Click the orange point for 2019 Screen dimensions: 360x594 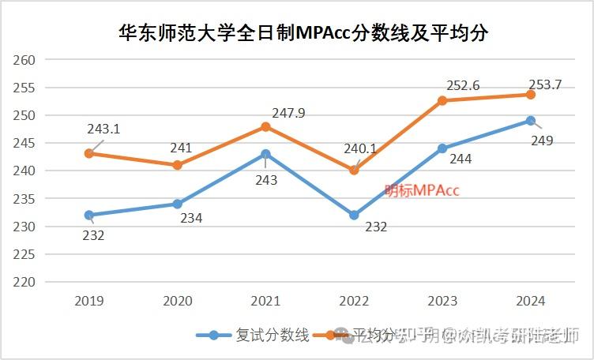[x=89, y=153]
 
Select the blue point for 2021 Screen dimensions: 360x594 [x=265, y=154]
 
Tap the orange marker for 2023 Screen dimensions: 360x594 [x=442, y=100]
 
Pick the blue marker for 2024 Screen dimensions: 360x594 [x=531, y=121]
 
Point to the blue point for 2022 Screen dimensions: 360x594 [x=354, y=215]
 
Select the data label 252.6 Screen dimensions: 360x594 [x=464, y=84]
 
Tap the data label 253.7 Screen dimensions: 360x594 [x=545, y=84]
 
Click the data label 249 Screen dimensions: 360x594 [x=542, y=141]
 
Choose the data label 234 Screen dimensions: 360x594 [x=191, y=218]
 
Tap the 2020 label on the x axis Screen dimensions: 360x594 [x=178, y=301]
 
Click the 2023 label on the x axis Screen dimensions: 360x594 [x=442, y=301]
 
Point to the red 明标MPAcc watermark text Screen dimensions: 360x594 [x=422, y=189]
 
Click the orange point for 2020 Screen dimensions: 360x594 [x=178, y=165]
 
